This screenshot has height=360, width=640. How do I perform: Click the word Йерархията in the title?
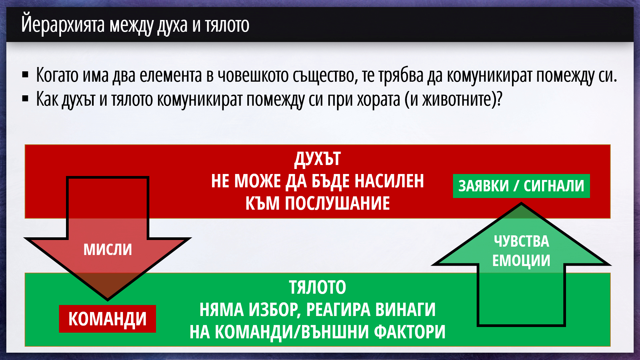pos(63,24)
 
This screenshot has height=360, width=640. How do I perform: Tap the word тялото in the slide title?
pos(227,25)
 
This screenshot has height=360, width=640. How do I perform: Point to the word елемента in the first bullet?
pos(171,75)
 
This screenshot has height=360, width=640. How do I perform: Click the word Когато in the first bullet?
pos(57,75)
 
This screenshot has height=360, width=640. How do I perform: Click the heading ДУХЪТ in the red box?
pos(317,159)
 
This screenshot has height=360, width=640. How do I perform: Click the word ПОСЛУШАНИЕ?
pos(337,203)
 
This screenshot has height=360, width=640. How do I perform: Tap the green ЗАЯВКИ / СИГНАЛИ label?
pos(521,186)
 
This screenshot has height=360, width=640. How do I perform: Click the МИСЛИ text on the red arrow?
pos(108,249)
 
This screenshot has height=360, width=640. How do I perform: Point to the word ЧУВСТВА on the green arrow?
pos(521,241)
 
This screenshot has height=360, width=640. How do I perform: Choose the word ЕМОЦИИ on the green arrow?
pos(521,260)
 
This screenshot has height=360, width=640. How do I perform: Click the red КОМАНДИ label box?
pos(107,319)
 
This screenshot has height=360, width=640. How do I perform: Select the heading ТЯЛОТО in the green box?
pos(317,287)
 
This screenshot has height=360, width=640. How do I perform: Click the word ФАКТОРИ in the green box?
pos(410,332)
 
